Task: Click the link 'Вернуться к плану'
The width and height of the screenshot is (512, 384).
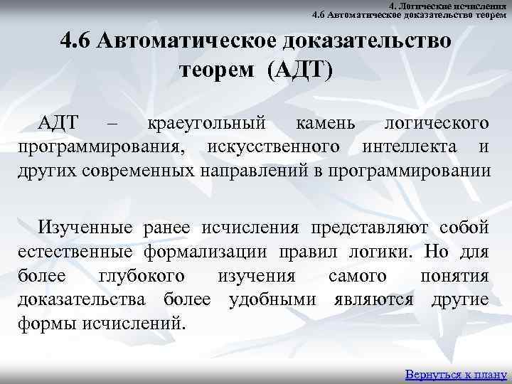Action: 454,373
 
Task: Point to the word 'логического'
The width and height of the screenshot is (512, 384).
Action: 436,123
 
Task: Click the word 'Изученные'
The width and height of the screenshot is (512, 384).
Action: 86,227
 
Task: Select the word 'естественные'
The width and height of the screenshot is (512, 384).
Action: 76,251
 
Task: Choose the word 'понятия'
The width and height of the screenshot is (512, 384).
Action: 454,275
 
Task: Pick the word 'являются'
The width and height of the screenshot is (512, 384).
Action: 373,299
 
